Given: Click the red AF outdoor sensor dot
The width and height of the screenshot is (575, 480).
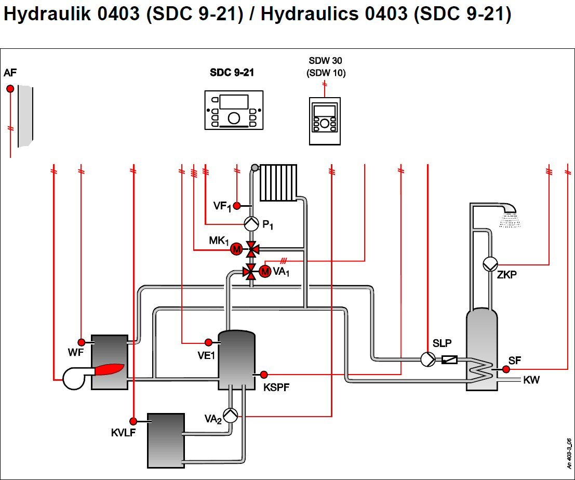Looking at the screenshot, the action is [10, 89].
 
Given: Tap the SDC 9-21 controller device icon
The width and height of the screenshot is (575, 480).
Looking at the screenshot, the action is [234, 110].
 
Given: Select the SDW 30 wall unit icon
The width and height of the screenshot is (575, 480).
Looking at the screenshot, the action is [325, 121].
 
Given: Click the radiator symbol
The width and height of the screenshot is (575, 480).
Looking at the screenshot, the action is [278, 183].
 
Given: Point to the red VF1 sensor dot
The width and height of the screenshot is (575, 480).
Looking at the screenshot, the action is [237, 206].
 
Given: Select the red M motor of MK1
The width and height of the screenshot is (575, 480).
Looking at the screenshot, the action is [236, 249].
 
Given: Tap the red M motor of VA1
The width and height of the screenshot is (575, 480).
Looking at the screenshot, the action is [265, 271].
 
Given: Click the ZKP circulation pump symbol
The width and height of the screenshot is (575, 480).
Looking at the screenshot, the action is [490, 264].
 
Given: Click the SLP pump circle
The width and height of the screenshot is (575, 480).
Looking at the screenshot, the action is [428, 359].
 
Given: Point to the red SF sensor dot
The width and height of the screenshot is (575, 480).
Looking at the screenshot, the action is [506, 369].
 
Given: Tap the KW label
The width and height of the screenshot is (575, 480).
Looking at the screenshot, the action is [531, 380].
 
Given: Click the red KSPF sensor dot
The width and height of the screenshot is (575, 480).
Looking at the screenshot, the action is [264, 375].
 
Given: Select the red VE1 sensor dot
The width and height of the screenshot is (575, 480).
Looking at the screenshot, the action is [208, 342].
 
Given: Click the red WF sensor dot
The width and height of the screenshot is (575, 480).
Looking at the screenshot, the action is [82, 342].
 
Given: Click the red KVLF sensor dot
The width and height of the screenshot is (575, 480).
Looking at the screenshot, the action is [133, 421].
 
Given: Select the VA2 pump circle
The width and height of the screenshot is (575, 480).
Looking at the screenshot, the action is [230, 416].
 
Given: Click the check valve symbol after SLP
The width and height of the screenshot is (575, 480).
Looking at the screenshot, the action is [450, 359].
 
